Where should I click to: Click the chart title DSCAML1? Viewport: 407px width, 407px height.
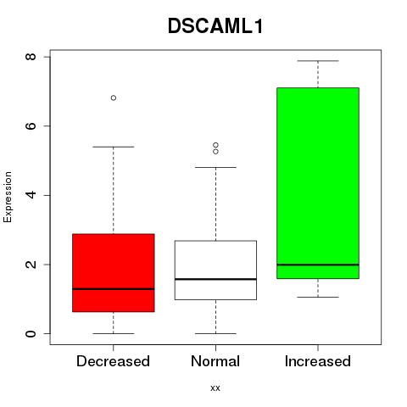215,26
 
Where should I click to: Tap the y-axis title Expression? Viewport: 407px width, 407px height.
8,197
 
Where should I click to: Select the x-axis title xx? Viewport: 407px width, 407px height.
215,388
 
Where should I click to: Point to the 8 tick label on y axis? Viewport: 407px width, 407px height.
31,57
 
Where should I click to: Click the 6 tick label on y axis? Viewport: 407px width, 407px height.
31,125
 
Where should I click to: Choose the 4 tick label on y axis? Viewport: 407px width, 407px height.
31,195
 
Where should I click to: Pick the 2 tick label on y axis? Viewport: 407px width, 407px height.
31,265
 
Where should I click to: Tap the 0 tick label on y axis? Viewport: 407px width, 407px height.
31,333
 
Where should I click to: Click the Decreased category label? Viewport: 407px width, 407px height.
113,361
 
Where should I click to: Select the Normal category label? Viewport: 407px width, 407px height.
215,361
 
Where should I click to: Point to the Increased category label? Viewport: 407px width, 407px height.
318,361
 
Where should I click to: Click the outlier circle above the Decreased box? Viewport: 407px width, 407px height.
114,98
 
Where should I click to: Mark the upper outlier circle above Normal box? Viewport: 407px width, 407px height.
215,145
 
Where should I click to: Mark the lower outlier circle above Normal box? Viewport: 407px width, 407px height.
215,152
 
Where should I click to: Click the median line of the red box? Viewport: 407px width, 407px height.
114,289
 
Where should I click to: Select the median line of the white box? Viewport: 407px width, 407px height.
215,279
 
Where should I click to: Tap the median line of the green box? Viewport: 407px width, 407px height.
318,265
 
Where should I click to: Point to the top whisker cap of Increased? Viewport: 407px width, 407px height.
318,61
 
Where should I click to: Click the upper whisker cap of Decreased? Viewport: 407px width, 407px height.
114,147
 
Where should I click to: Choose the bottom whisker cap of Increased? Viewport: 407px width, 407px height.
318,297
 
